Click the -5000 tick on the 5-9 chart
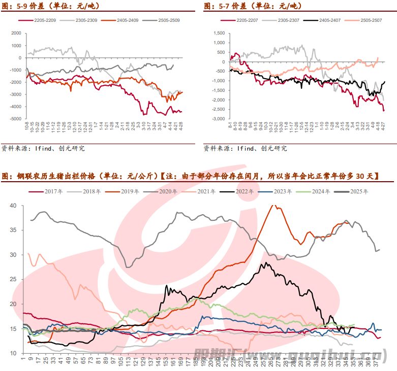[x=16, y=119]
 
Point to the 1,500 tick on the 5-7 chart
[x=219, y=33]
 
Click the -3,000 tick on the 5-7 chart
[x=218, y=119]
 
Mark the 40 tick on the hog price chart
[x=13, y=206]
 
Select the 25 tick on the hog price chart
[x=13, y=279]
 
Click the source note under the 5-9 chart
[x=43, y=149]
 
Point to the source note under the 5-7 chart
[x=245, y=149]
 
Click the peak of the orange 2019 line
[x=275, y=206]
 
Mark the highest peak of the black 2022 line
[x=266, y=263]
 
